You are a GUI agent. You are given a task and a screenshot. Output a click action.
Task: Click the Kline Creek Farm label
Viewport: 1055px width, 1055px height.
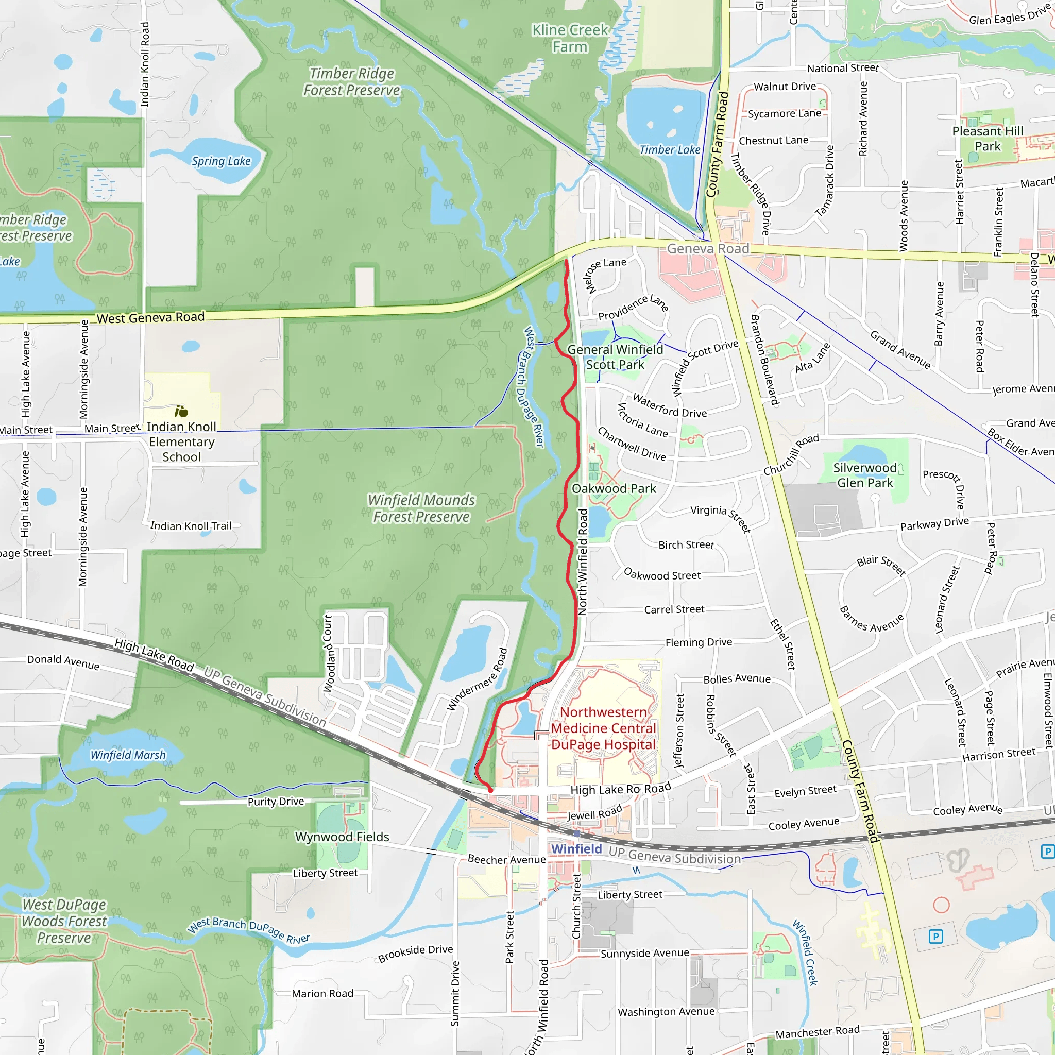coord(570,38)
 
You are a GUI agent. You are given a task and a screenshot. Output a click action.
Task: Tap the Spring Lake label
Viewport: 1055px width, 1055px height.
coord(220,161)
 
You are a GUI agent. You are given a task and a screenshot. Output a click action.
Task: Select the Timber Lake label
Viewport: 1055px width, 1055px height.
coord(670,149)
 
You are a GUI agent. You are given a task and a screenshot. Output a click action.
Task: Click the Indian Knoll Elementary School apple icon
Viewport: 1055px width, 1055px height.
coord(181,411)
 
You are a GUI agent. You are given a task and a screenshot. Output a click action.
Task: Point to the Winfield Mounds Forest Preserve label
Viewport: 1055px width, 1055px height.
coord(421,508)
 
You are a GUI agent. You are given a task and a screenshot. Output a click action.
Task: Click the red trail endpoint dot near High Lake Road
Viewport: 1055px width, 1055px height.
coord(490,790)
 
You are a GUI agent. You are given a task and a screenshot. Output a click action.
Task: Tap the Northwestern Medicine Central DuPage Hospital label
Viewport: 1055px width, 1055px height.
coord(603,728)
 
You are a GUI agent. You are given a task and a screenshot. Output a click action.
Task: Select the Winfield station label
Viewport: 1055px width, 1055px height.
coord(576,848)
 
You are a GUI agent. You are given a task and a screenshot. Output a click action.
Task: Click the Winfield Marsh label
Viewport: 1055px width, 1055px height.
coord(128,755)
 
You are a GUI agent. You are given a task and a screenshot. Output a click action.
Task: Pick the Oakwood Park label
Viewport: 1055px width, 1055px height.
coord(614,488)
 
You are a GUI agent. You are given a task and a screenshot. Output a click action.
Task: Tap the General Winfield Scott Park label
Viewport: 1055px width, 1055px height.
coord(615,356)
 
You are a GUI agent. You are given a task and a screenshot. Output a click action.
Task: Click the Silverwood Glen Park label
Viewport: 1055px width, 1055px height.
coord(865,475)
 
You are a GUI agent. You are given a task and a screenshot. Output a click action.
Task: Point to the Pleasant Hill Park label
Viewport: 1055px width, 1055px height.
coord(988,139)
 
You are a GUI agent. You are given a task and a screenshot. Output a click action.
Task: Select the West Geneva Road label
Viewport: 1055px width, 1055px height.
coord(151,317)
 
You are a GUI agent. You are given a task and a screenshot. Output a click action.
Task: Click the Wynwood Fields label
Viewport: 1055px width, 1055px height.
coord(342,837)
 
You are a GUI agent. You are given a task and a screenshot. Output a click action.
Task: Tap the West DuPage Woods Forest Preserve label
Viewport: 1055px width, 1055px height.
coord(64,921)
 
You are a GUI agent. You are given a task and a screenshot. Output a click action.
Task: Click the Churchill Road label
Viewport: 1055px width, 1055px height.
coord(791,454)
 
